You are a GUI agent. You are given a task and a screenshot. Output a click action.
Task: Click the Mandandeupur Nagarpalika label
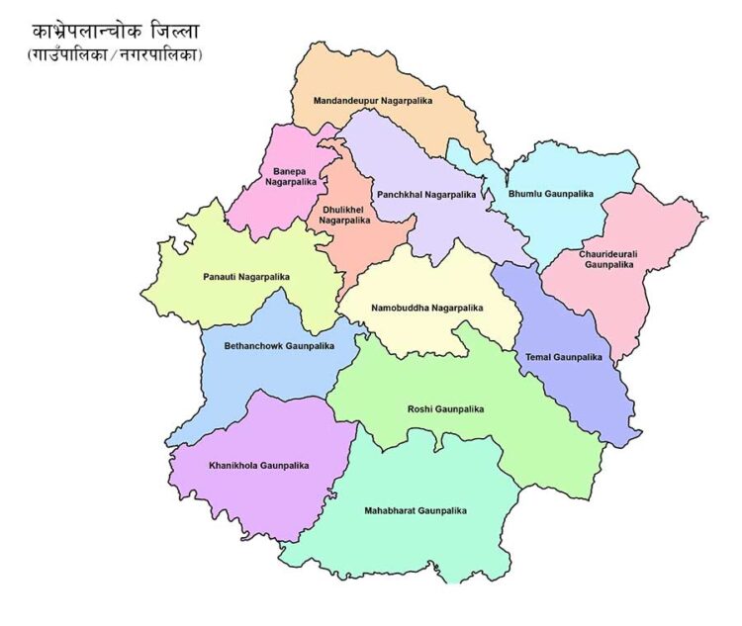375,101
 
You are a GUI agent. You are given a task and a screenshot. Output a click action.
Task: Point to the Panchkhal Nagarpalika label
425,195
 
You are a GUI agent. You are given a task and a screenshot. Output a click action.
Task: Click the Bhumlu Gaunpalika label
551,194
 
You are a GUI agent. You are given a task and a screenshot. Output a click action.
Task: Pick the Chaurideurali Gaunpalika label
608,259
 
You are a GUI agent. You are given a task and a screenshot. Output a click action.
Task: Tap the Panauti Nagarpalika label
246,277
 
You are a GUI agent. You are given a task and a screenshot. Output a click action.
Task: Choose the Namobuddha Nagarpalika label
427,308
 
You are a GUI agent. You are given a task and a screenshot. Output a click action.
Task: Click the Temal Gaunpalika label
564,356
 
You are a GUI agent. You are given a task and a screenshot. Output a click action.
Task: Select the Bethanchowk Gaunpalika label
279,346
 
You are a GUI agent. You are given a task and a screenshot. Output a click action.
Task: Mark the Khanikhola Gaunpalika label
259,465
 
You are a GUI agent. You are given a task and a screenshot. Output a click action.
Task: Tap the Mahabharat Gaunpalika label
415,510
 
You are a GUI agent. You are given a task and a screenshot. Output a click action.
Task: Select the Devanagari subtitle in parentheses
115,55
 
